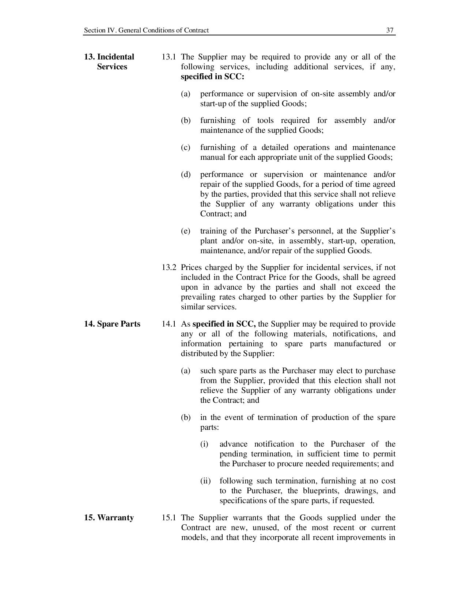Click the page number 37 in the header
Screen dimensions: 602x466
click(390, 30)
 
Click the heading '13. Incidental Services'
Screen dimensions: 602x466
click(109, 62)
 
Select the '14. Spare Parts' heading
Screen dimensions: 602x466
click(112, 324)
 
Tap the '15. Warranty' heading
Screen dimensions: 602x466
click(109, 518)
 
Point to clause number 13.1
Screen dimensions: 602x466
click(169, 57)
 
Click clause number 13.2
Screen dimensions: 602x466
click(169, 267)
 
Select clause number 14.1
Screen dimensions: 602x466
click(169, 324)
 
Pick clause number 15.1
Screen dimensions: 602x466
click(169, 518)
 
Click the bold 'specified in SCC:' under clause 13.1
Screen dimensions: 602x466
click(212, 77)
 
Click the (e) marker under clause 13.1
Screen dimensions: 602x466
click(186, 231)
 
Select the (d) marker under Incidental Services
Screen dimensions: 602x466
click(186, 174)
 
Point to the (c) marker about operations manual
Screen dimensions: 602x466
click(186, 147)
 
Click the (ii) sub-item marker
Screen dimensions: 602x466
click(205, 481)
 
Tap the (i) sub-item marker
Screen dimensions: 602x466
click(204, 444)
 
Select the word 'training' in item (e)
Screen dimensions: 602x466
click(213, 231)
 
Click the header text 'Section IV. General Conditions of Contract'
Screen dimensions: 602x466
click(146, 30)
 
